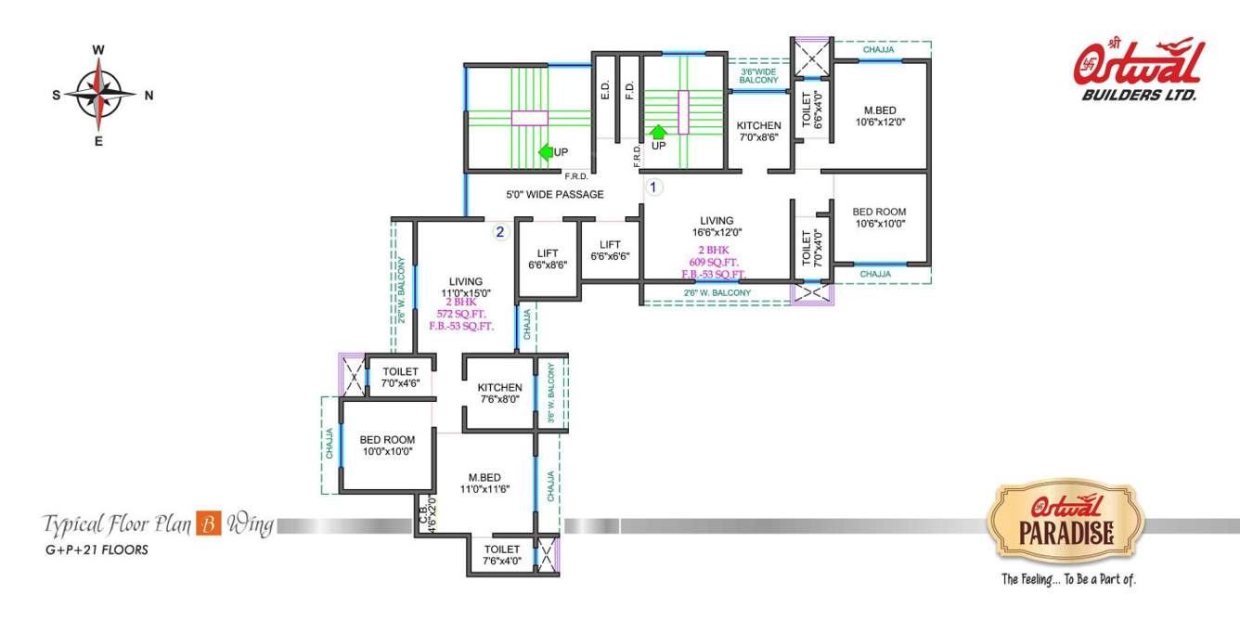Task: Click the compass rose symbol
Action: [x=98, y=95]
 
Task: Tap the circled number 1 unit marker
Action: [x=652, y=187]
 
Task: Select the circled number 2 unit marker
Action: [x=499, y=232]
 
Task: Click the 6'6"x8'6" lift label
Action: [x=547, y=259]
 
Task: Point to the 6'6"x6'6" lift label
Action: [x=610, y=251]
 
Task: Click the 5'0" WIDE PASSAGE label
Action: [x=555, y=195]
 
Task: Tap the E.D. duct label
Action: [x=605, y=91]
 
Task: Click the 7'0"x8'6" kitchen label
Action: [x=758, y=131]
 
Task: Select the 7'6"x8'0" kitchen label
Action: [x=499, y=394]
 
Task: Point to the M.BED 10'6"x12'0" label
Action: [x=879, y=116]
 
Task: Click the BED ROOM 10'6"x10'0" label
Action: [x=879, y=217]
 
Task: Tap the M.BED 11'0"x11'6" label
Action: [x=484, y=483]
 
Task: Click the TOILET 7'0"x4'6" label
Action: [x=400, y=377]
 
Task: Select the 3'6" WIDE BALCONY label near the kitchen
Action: [x=758, y=76]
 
